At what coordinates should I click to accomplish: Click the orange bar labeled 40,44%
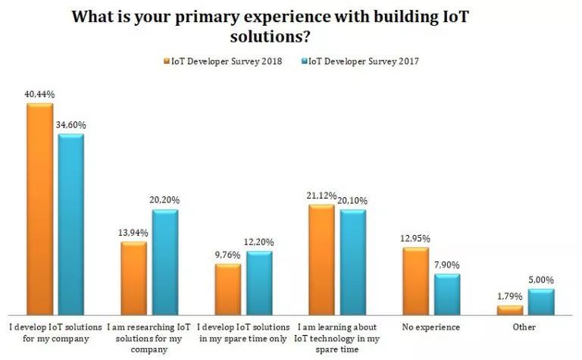click(x=39, y=209)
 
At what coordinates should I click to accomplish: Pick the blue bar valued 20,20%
click(x=164, y=262)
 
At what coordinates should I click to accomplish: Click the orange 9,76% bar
click(x=227, y=290)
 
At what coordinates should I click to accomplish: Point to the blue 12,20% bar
click(x=259, y=283)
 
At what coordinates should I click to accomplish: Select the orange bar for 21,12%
click(x=321, y=259)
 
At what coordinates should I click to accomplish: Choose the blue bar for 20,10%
click(x=353, y=262)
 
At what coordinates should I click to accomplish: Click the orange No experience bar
click(x=415, y=281)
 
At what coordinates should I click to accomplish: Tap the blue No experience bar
click(x=447, y=295)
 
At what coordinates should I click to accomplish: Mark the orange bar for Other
click(x=510, y=310)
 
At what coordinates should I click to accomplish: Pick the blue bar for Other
click(x=541, y=302)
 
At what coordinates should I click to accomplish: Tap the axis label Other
click(x=524, y=327)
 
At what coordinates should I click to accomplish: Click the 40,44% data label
click(x=39, y=95)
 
